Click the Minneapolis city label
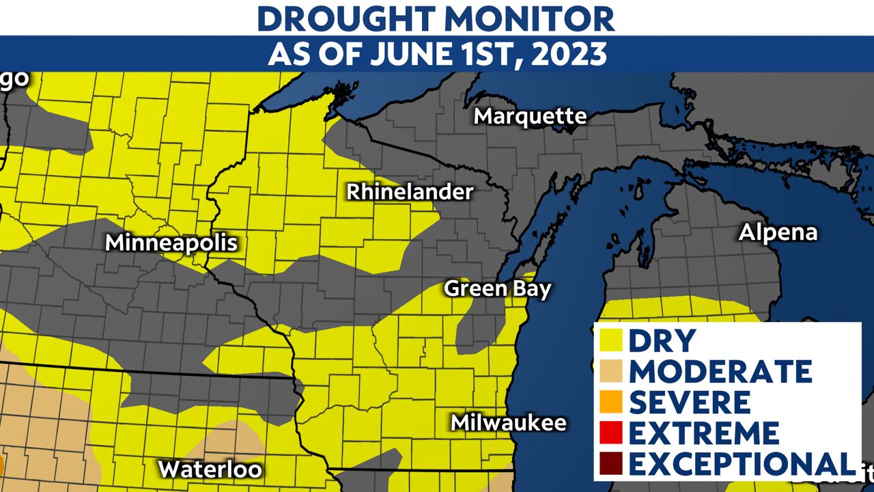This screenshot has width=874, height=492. [171, 243]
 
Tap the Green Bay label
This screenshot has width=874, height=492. [497, 288]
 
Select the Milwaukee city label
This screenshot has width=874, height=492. [509, 422]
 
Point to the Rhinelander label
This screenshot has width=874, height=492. [410, 192]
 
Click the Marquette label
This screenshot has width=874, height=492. [530, 116]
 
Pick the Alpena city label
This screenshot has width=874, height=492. [778, 232]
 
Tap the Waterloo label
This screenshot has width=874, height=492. [210, 469]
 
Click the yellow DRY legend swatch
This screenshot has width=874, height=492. [612, 340]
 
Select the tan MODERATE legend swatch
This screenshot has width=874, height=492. [612, 371]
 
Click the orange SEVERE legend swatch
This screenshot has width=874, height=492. [612, 402]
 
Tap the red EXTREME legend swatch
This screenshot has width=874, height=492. [612, 433]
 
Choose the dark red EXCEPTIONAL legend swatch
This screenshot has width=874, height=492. [612, 463]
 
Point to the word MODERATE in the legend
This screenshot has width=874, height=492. [721, 371]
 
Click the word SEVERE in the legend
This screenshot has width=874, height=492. [690, 402]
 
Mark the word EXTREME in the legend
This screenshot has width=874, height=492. [704, 433]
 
